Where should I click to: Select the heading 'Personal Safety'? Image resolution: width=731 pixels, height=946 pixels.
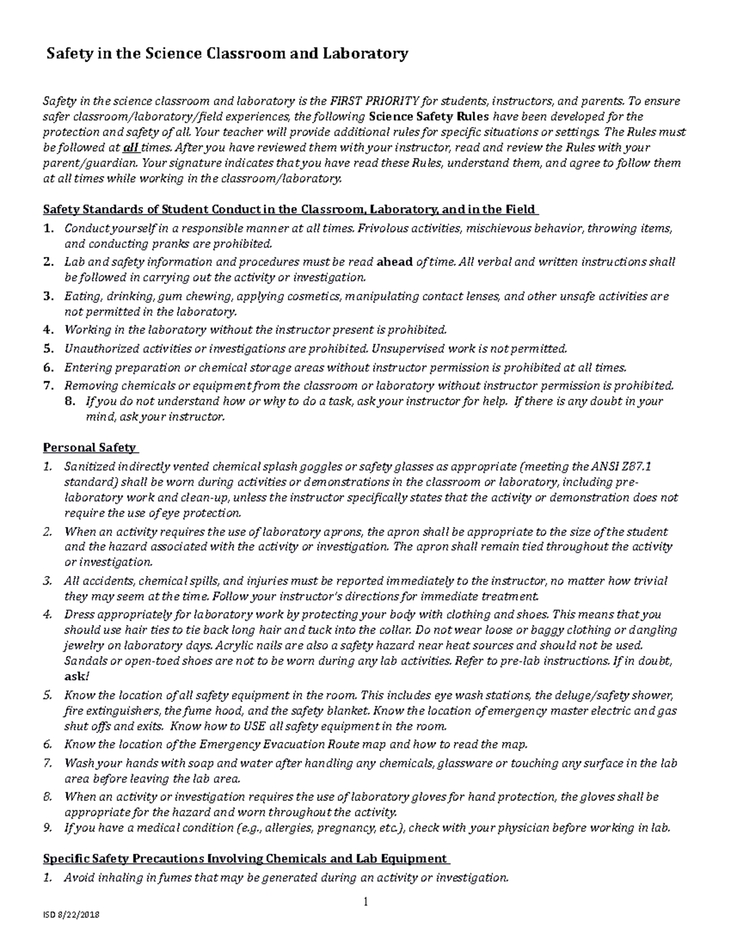point(89,448)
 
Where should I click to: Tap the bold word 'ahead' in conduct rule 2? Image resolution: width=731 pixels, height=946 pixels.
point(395,262)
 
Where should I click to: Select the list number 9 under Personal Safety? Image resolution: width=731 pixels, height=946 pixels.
point(48,828)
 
